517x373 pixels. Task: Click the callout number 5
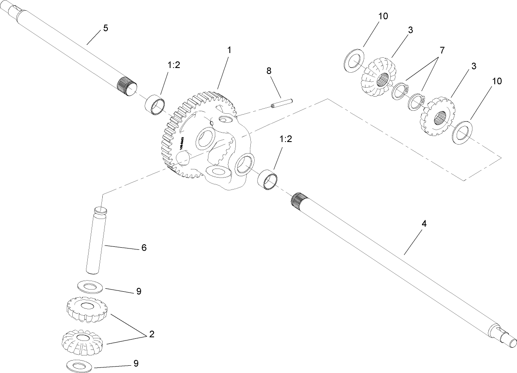(x=106, y=28)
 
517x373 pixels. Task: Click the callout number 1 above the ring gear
(x=229, y=50)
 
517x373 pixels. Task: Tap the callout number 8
(x=269, y=71)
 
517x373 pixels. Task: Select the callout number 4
(x=424, y=223)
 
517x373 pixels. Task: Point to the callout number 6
(x=144, y=248)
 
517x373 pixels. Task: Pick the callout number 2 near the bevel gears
(x=151, y=335)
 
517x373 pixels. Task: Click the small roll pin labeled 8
(x=281, y=103)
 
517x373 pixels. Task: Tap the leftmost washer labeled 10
(x=354, y=60)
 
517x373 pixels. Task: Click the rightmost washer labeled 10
(x=461, y=132)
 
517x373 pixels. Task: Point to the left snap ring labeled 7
(x=399, y=90)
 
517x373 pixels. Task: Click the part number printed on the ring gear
(x=181, y=143)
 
